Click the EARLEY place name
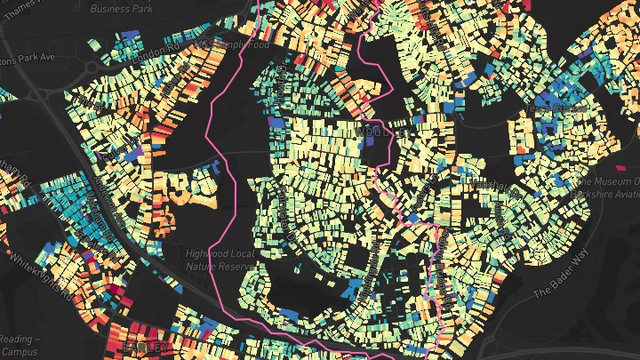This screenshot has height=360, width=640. [144, 347]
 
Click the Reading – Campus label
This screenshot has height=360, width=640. [20, 345]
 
